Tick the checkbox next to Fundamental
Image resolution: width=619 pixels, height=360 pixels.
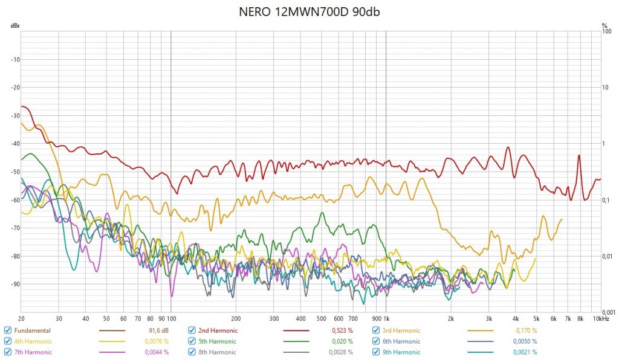click(x=8, y=330)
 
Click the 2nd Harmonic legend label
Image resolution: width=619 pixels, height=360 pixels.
click(x=218, y=330)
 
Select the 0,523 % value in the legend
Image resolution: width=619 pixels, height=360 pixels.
click(x=342, y=330)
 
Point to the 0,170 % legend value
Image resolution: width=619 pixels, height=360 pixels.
click(x=525, y=330)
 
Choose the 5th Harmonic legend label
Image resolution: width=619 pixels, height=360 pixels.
click(x=218, y=341)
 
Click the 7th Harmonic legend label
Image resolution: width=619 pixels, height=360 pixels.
click(x=33, y=352)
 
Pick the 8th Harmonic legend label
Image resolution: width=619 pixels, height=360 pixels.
click(x=218, y=352)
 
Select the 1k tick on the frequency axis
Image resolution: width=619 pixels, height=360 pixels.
click(x=385, y=318)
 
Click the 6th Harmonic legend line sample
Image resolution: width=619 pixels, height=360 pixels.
click(x=481, y=341)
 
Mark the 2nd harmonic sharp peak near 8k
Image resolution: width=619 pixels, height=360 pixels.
click(x=579, y=156)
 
